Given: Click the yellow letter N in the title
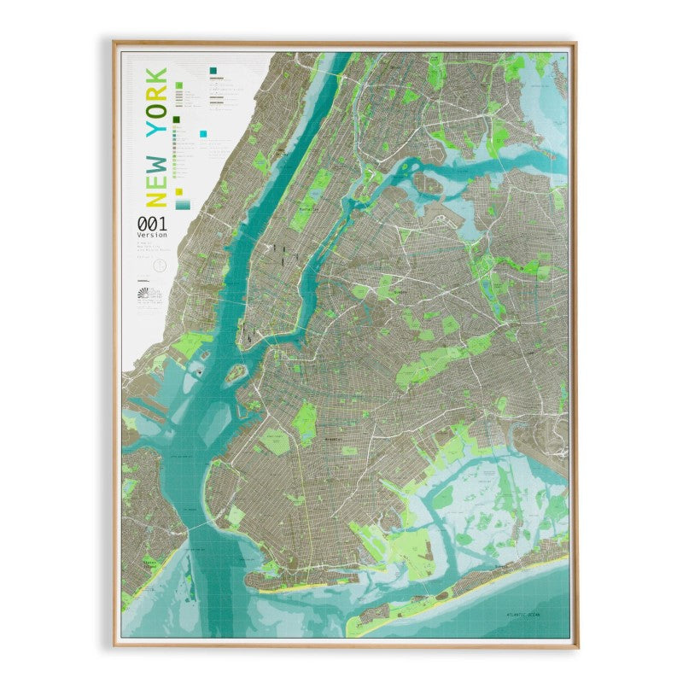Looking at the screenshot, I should [x=156, y=198].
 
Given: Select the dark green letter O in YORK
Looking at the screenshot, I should [x=156, y=109].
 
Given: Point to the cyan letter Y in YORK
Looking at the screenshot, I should [x=156, y=128].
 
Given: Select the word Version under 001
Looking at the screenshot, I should [x=153, y=235].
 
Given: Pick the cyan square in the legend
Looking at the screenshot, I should [x=203, y=133].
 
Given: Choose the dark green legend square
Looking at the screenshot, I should [x=176, y=120].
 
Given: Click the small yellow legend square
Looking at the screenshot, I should [x=179, y=190].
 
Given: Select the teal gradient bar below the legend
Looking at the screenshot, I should [x=184, y=205].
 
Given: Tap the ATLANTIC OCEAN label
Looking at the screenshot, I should [x=524, y=613].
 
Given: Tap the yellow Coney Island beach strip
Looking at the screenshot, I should [x=282, y=589].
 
